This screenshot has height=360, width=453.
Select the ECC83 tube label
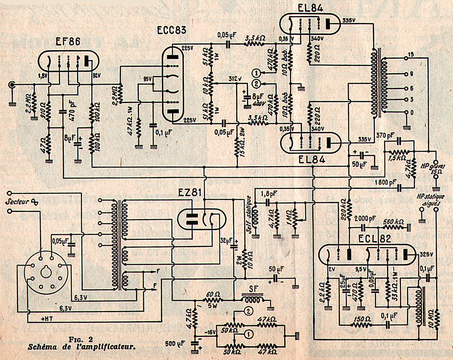coord(172,30)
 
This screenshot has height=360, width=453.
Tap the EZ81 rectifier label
coord(190,193)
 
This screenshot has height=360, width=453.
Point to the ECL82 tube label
coord(375,239)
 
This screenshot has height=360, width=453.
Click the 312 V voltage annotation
coord(235,78)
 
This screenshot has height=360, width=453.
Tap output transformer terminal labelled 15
coord(411,54)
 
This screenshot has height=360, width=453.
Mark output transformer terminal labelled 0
coord(412,113)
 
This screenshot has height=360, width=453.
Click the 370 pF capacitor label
coord(385,135)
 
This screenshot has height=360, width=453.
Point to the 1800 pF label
coord(385,183)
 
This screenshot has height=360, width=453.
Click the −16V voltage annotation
coord(210,332)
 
